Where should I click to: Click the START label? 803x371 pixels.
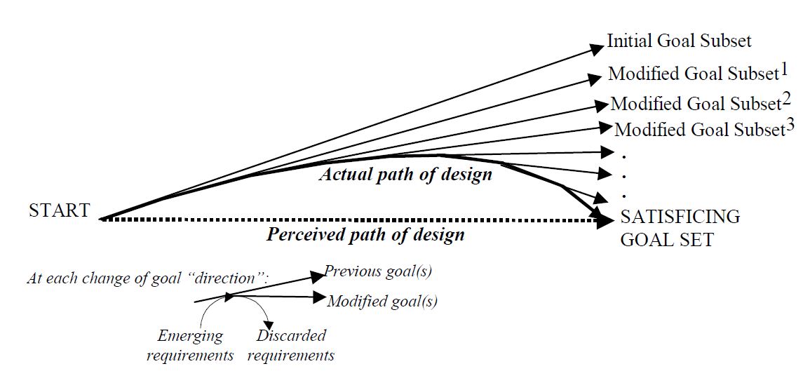(x=59, y=210)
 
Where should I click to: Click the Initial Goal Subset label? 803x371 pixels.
(x=678, y=41)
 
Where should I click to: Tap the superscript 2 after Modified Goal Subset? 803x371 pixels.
(x=787, y=98)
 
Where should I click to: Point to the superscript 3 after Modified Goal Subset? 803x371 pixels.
(x=790, y=126)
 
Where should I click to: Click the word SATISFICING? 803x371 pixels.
(x=680, y=217)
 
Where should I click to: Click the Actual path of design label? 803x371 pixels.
(x=405, y=175)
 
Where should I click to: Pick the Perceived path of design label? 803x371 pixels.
(x=365, y=234)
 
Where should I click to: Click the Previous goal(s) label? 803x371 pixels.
(x=383, y=272)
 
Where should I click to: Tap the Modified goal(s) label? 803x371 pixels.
(x=382, y=302)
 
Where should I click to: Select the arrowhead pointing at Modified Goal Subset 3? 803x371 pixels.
(x=604, y=127)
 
